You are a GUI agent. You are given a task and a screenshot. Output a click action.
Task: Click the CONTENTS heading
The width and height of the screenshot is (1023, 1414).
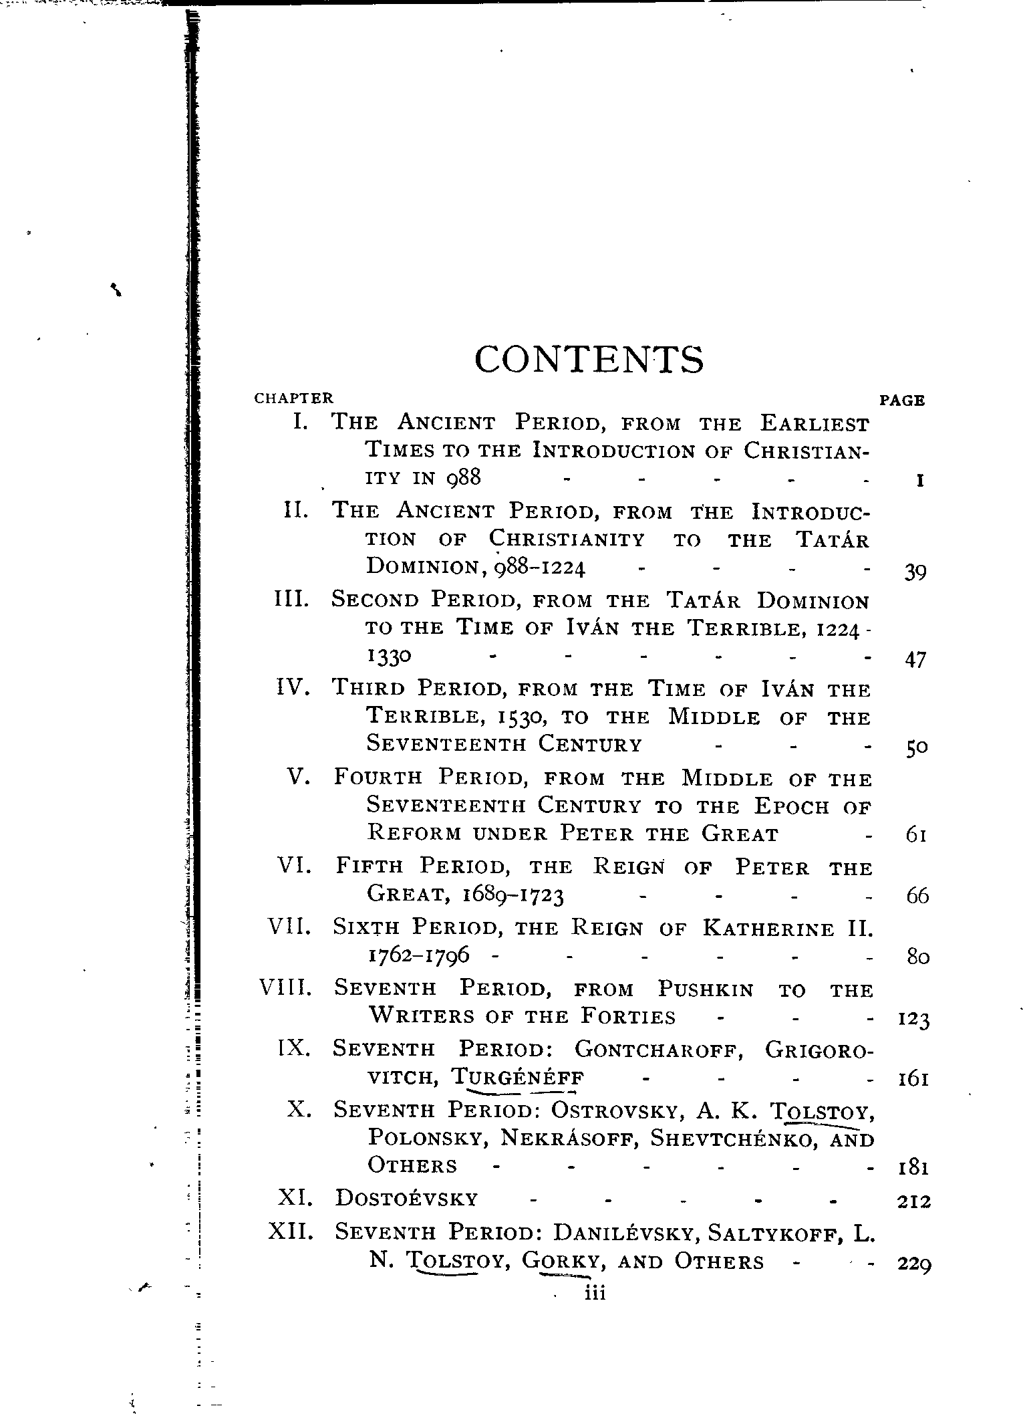pyautogui.click(x=589, y=360)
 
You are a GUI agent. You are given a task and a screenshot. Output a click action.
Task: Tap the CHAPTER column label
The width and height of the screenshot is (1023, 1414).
pyautogui.click(x=293, y=398)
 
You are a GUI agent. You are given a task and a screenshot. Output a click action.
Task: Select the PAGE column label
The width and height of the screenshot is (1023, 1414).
pyautogui.click(x=902, y=400)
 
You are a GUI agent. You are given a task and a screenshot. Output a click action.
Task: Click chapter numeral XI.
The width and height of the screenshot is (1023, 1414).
pyautogui.click(x=295, y=1197)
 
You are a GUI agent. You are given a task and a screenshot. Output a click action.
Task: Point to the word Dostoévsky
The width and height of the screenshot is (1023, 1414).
pyautogui.click(x=407, y=1198)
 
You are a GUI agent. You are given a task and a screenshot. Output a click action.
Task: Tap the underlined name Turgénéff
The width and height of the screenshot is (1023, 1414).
pyautogui.click(x=518, y=1078)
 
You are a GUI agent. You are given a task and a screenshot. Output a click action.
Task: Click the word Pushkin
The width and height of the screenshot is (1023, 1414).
pyautogui.click(x=706, y=989)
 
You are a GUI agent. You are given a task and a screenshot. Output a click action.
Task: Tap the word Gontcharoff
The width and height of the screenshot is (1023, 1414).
pyautogui.click(x=659, y=1049)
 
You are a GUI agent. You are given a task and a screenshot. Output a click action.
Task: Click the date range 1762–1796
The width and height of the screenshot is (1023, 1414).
pyautogui.click(x=418, y=955)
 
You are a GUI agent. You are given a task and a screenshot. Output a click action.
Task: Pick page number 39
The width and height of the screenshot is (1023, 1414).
pyautogui.click(x=915, y=572)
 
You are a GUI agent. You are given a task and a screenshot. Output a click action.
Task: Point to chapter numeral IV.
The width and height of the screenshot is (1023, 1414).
pyautogui.click(x=293, y=687)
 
